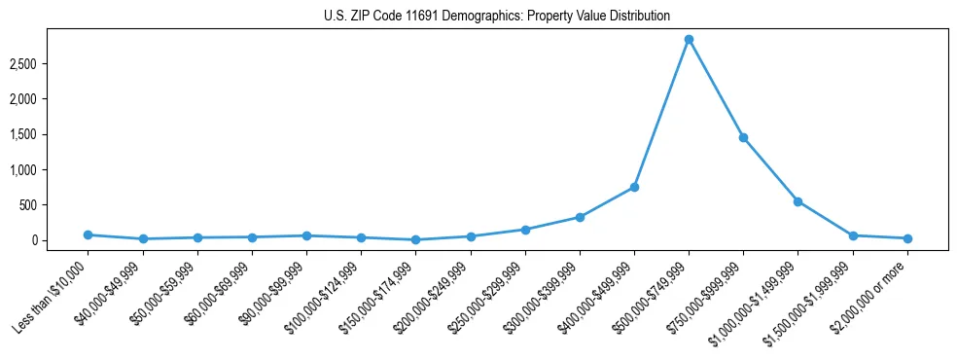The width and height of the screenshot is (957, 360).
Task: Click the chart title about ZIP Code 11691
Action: click(x=497, y=17)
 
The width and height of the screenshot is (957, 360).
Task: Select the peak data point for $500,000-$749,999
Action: click(x=689, y=40)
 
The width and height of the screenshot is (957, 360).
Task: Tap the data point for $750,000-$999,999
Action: click(x=743, y=138)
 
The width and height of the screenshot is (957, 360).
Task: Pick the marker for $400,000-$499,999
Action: click(x=634, y=187)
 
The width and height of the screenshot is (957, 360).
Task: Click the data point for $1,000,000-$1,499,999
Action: click(x=797, y=201)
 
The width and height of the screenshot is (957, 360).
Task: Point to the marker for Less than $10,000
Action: click(x=88, y=234)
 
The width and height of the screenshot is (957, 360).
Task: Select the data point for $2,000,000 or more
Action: click(x=907, y=238)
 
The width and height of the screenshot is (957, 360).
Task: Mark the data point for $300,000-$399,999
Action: click(x=580, y=217)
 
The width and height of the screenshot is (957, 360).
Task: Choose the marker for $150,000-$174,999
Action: click(x=415, y=239)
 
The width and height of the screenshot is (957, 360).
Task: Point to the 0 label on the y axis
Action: click(x=60, y=240)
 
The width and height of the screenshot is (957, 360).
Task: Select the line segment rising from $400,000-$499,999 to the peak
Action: click(x=661, y=113)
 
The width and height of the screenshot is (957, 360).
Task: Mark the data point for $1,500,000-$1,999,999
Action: click(x=853, y=235)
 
